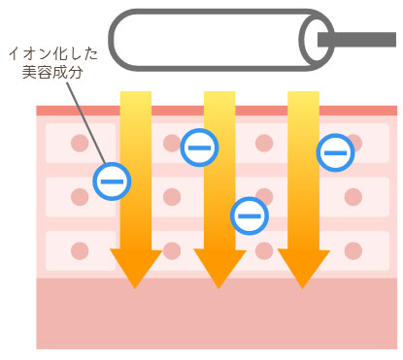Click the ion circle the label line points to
pyautogui.click(x=112, y=180)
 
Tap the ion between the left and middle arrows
pyautogui.click(x=199, y=148)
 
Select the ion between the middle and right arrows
pyautogui.click(x=249, y=214)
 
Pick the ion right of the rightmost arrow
pyautogui.click(x=335, y=151)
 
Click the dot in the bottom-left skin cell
pyautogui.click(x=80, y=250)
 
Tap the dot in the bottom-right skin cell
pyautogui.click(x=353, y=250)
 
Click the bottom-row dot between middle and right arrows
pyautogui.click(x=263, y=250)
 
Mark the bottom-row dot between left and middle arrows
pyautogui.click(x=172, y=250)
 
